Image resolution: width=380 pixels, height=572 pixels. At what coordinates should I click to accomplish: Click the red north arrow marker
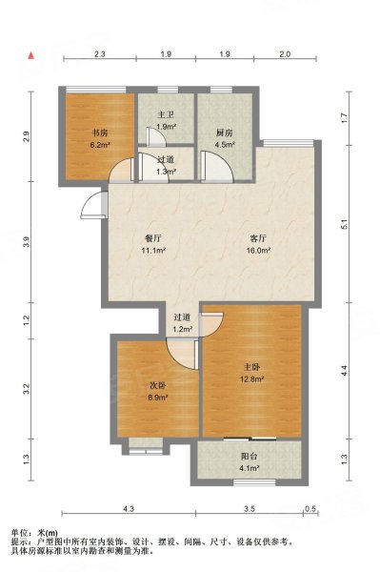click(31, 55)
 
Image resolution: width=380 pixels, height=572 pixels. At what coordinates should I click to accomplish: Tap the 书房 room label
click(99, 133)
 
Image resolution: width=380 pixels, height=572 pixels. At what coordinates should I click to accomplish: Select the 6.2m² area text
click(100, 145)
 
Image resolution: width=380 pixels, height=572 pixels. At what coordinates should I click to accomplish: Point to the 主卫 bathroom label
click(166, 115)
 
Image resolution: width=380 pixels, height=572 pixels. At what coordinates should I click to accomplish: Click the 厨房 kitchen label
click(224, 133)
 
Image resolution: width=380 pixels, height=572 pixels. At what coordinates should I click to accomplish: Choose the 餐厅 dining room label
click(153, 238)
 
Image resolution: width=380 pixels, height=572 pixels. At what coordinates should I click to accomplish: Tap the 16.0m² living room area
click(259, 250)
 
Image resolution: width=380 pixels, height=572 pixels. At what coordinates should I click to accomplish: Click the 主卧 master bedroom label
click(251, 367)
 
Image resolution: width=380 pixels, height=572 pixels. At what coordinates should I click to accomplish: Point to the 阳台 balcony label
click(250, 456)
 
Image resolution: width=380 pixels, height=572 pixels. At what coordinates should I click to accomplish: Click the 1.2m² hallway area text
click(183, 330)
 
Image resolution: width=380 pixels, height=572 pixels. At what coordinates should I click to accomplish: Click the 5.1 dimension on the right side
click(345, 224)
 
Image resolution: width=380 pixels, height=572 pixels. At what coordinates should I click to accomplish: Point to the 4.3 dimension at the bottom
click(129, 508)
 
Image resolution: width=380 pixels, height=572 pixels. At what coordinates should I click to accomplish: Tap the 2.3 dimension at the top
click(100, 54)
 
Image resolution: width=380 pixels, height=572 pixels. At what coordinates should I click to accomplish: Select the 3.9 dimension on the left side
click(27, 242)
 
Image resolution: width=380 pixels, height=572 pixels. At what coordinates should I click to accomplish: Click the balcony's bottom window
click(254, 482)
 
